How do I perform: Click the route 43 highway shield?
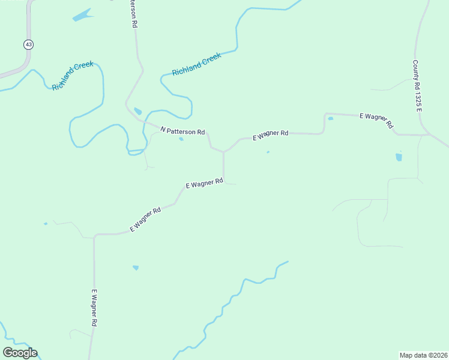point(28,44)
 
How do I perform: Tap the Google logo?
point(20,353)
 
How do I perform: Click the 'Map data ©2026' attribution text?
point(423,355)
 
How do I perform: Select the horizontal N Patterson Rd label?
point(183,131)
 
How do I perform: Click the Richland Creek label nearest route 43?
point(73,75)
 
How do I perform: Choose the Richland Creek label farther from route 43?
point(196,64)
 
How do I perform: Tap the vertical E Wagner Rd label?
point(94,308)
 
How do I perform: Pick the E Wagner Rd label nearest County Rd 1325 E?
point(376,120)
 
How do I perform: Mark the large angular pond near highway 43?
point(82,15)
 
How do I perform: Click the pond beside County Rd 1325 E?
point(399,157)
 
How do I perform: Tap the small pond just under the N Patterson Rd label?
point(181,139)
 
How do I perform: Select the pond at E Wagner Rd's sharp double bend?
point(331,118)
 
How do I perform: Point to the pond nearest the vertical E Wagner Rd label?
point(136,268)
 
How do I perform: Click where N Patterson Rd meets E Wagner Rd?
point(224,152)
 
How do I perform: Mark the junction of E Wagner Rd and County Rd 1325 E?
point(427,135)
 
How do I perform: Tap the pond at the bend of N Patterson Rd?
point(138,112)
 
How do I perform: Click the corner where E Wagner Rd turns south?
point(95,236)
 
